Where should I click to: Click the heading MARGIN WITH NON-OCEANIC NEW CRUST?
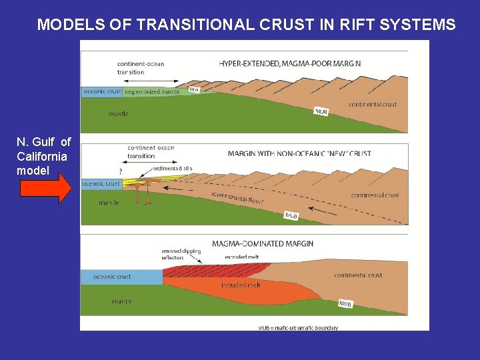[299, 154]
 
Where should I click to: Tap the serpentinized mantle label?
[153, 92]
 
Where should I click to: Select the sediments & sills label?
[171, 169]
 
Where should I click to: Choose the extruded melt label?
[242, 257]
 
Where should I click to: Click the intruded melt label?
[241, 285]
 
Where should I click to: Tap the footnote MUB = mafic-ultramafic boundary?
[298, 327]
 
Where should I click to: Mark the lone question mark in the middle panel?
[120, 171]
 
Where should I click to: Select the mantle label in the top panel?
[119, 114]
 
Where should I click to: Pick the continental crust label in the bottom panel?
[358, 275]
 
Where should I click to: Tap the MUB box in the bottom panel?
[345, 304]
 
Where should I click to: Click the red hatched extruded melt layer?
[213, 269]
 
